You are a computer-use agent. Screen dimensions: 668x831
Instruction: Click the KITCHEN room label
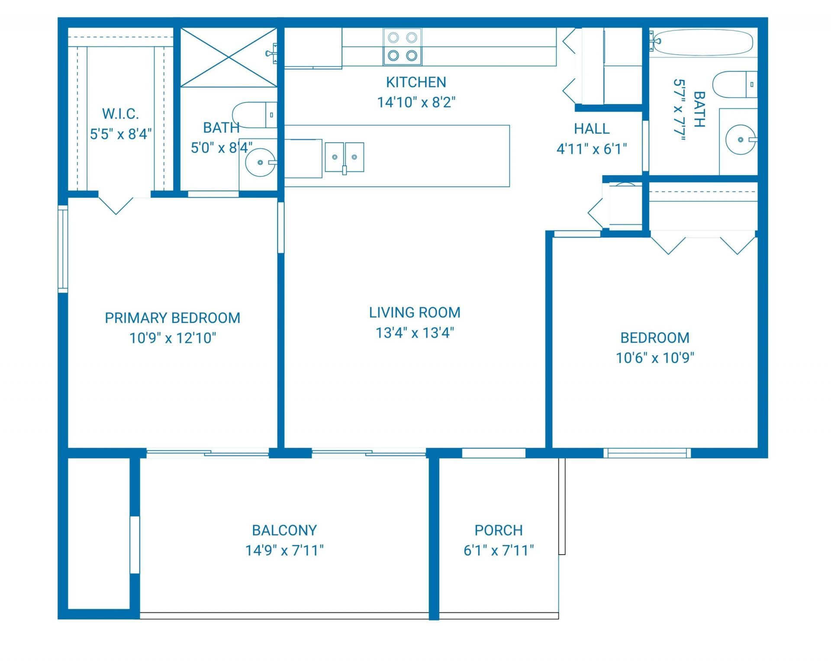coord(415,82)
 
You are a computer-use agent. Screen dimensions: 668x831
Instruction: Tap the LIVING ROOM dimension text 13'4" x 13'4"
coord(415,333)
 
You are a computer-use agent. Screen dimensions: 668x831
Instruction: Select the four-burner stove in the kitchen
coord(402,47)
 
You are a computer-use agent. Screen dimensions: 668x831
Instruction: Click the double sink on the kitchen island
coord(344,157)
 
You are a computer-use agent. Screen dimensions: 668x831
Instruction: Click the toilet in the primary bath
coord(254,115)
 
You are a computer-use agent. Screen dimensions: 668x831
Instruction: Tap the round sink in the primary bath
coord(260,162)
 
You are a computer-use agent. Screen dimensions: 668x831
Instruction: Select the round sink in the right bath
coord(741,140)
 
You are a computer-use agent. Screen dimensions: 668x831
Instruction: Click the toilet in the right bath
coord(734,84)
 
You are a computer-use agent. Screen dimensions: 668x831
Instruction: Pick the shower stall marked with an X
coord(228,58)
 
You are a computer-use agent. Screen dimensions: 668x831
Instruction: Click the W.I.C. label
coord(120,114)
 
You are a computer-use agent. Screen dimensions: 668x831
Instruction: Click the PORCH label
coord(498,530)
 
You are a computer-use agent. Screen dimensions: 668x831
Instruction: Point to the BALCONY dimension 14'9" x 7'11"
coord(284,550)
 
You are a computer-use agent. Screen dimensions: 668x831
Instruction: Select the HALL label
coord(591,128)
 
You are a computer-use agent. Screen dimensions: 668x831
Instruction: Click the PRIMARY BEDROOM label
coord(172,318)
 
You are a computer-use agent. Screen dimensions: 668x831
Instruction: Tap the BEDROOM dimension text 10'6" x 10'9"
coord(655,358)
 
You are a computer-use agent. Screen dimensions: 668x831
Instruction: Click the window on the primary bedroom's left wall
coord(63,249)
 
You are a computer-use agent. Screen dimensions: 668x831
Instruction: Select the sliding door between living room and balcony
coord(369,453)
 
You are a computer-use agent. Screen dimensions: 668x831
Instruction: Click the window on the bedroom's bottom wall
coord(647,453)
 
